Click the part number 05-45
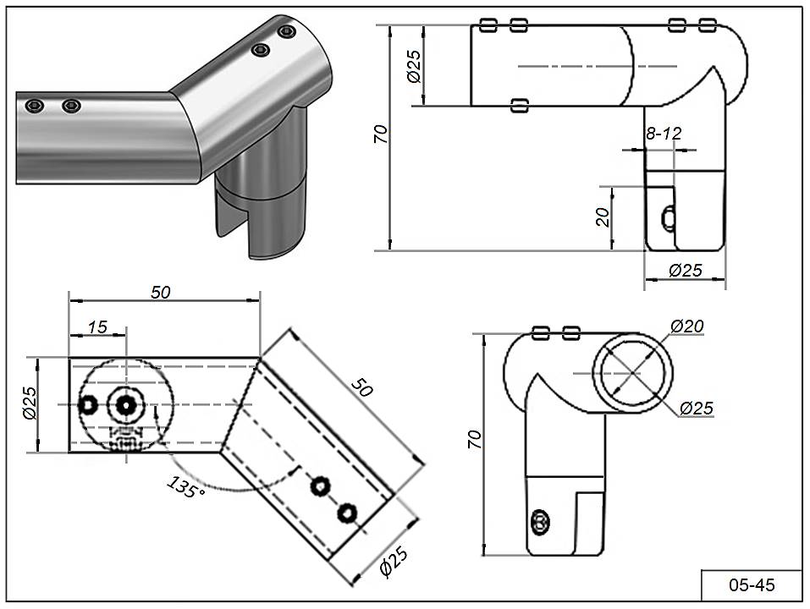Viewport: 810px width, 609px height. coord(752,584)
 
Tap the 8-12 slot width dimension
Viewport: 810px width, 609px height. coord(664,134)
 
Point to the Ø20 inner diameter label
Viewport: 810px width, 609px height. coord(686,326)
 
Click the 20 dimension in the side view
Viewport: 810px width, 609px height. coord(603,217)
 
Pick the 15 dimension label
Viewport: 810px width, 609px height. coord(97,326)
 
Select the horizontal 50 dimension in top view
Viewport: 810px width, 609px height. coord(161,292)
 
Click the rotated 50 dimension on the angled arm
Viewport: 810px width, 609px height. coord(362,389)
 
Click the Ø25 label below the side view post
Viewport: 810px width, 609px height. coord(686,271)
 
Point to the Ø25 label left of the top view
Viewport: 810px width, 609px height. coord(28,404)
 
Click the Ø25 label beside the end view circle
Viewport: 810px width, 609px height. coord(696,408)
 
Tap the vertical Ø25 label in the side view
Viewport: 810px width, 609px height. coord(414,65)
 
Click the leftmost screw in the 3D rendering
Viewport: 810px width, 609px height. coord(34,106)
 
